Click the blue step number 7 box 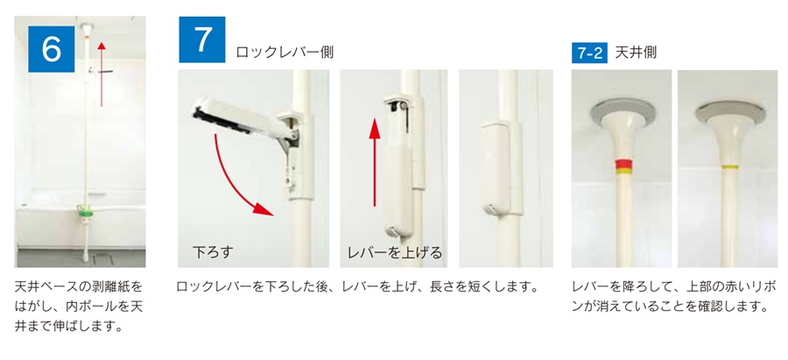201,39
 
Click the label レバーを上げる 394,253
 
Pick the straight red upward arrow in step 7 375,166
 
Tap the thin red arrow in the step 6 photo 102,70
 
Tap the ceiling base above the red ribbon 623,113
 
